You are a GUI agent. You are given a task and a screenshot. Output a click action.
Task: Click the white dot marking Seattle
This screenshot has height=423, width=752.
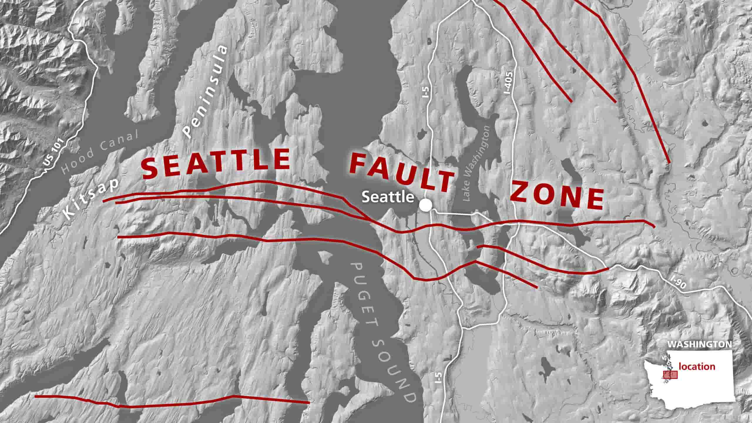425,205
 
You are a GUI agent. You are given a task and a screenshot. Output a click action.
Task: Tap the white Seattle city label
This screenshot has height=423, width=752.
388,197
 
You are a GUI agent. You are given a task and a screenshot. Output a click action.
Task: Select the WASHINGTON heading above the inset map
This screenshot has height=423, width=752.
699,352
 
